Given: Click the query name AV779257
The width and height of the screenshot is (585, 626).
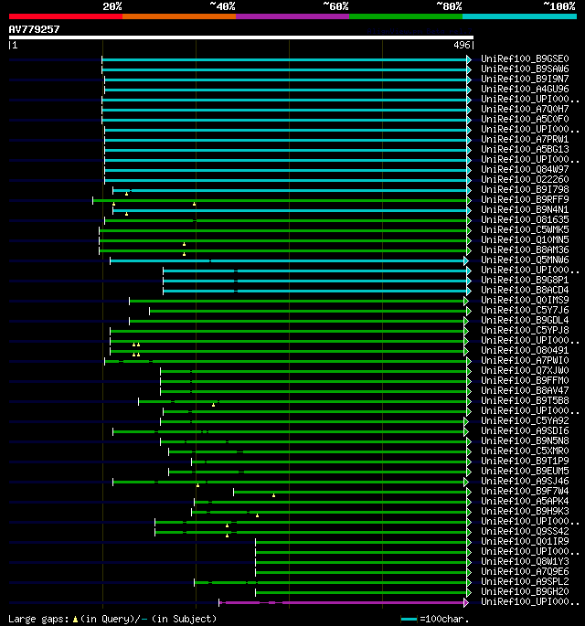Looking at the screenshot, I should [34, 29].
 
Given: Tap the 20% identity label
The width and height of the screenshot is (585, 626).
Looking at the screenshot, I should [112, 6].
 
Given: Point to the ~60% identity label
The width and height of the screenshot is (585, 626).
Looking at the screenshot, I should [335, 6].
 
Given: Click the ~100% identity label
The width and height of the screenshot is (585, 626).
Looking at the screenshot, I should [558, 6].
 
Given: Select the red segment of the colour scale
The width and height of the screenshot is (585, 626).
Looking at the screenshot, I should [65, 16].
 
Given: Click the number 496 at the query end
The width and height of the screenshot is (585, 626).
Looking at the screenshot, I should [462, 45].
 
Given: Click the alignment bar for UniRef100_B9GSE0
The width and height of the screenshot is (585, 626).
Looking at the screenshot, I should [283, 59].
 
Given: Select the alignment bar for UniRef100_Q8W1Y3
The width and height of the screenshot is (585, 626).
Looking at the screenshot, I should [361, 561].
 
